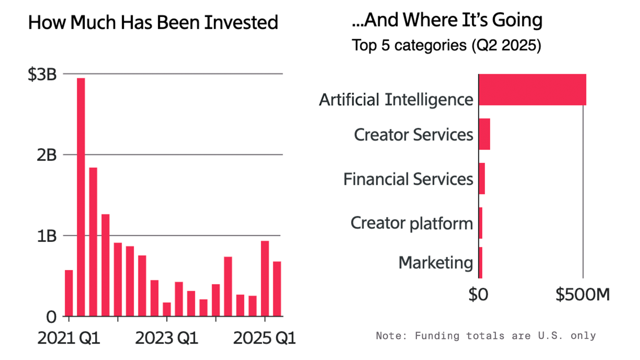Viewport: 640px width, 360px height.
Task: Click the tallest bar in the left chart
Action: pyautogui.click(x=81, y=197)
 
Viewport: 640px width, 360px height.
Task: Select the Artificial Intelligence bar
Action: pyautogui.click(x=532, y=89)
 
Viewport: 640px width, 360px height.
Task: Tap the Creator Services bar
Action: pyautogui.click(x=484, y=134)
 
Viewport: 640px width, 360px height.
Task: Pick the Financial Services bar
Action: pyautogui.click(x=482, y=179)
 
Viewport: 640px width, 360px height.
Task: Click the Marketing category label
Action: pyautogui.click(x=436, y=263)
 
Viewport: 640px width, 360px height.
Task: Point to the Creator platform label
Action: pyautogui.click(x=412, y=223)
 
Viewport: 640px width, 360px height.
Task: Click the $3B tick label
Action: pyautogui.click(x=42, y=74)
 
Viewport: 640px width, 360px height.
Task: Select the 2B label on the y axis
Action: pyautogui.click(x=46, y=155)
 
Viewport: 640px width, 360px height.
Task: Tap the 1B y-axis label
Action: pyautogui.click(x=46, y=236)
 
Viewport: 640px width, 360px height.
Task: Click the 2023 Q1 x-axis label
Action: pyautogui.click(x=167, y=338)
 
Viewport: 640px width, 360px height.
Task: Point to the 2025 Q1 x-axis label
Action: pyautogui.click(x=264, y=338)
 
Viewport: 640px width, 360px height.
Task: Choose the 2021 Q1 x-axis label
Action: pyautogui.click(x=69, y=338)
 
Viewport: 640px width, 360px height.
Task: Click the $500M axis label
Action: pyautogui.click(x=582, y=295)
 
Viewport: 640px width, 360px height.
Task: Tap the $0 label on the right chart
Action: pyautogui.click(x=478, y=295)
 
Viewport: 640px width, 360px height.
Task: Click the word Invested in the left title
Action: pyautogui.click(x=241, y=23)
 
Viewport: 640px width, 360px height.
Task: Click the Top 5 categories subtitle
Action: pyautogui.click(x=446, y=45)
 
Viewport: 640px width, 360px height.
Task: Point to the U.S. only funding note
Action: pyautogui.click(x=486, y=336)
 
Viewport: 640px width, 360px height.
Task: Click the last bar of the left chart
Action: pyautogui.click(x=277, y=289)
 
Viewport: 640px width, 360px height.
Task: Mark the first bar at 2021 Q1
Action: pyautogui.click(x=69, y=293)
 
